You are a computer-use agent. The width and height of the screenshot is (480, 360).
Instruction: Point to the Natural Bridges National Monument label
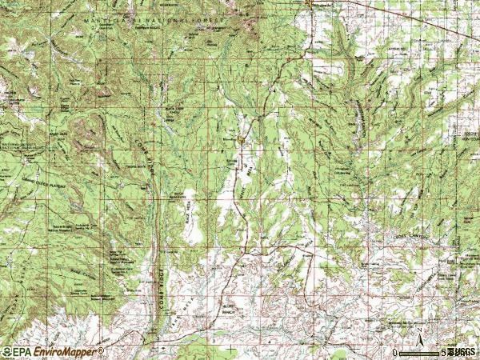[16, 147]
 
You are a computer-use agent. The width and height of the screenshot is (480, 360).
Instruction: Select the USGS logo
[462, 352]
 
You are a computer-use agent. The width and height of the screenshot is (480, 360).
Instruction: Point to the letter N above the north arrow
[418, 327]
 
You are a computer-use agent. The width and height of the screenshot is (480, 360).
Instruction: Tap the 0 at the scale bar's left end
[396, 352]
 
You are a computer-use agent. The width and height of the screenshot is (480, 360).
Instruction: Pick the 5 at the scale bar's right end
[443, 352]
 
